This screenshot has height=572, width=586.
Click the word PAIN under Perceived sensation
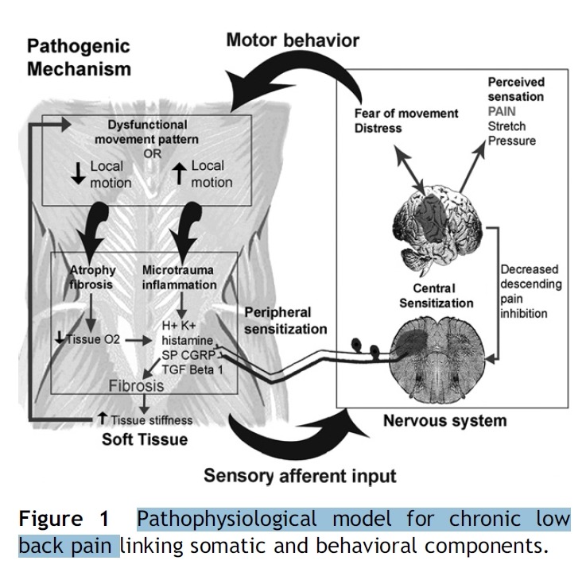coord(502,112)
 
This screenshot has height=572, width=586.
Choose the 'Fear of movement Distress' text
coord(406,121)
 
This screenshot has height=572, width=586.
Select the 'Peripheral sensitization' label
coord(285,319)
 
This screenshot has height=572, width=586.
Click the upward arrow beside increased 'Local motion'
coord(178,173)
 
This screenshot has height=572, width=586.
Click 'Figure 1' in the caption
coord(64,520)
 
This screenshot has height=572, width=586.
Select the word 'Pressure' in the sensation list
coord(512,141)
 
